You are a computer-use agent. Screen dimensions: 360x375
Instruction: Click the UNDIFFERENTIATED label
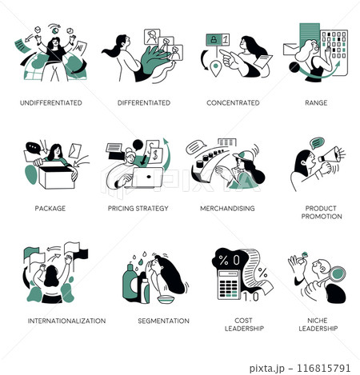[51, 103]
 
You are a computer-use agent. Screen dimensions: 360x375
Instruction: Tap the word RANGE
[316, 103]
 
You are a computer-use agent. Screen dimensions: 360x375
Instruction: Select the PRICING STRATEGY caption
[138, 209]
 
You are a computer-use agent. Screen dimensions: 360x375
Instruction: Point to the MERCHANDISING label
[227, 209]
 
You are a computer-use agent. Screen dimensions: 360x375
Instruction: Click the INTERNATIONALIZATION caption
[66, 321]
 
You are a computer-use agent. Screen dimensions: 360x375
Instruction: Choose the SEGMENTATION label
[163, 321]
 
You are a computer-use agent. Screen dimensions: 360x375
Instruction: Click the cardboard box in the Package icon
[56, 177]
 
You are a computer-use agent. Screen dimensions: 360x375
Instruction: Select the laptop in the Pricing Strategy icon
[145, 178]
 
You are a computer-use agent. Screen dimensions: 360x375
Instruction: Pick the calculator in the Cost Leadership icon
[228, 284]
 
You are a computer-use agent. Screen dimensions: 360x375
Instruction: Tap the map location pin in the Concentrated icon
[215, 68]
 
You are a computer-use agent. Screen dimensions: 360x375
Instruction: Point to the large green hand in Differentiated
[154, 61]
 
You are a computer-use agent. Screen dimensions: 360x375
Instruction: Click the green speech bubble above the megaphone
[317, 142]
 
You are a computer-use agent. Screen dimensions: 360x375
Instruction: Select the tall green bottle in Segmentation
[130, 283]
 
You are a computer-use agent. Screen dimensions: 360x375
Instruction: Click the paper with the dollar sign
[155, 155]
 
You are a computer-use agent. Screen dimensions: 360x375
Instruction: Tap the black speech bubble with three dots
[34, 148]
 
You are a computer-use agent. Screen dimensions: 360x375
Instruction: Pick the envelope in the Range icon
[291, 50]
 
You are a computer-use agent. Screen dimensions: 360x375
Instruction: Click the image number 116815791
[323, 368]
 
